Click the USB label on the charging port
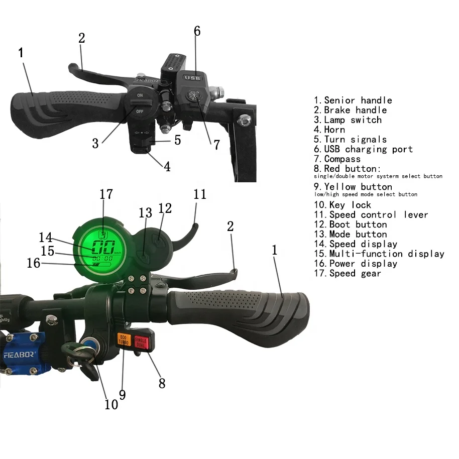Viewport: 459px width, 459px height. pos(192,78)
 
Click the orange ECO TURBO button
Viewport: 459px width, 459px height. pos(124,339)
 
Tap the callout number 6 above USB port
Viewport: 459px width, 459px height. pos(197,31)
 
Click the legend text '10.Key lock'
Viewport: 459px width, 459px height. pos(343,205)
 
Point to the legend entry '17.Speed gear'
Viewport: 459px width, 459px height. pos(348,274)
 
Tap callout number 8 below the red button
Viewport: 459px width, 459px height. pos(162,383)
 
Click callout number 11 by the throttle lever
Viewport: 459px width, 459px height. pos(200,194)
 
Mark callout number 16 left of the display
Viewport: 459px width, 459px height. pos(34,263)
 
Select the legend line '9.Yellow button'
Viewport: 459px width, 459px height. pos(353,187)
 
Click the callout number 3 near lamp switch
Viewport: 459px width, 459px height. pos(95,143)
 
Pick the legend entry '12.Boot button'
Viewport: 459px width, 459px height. pos(351,224)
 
